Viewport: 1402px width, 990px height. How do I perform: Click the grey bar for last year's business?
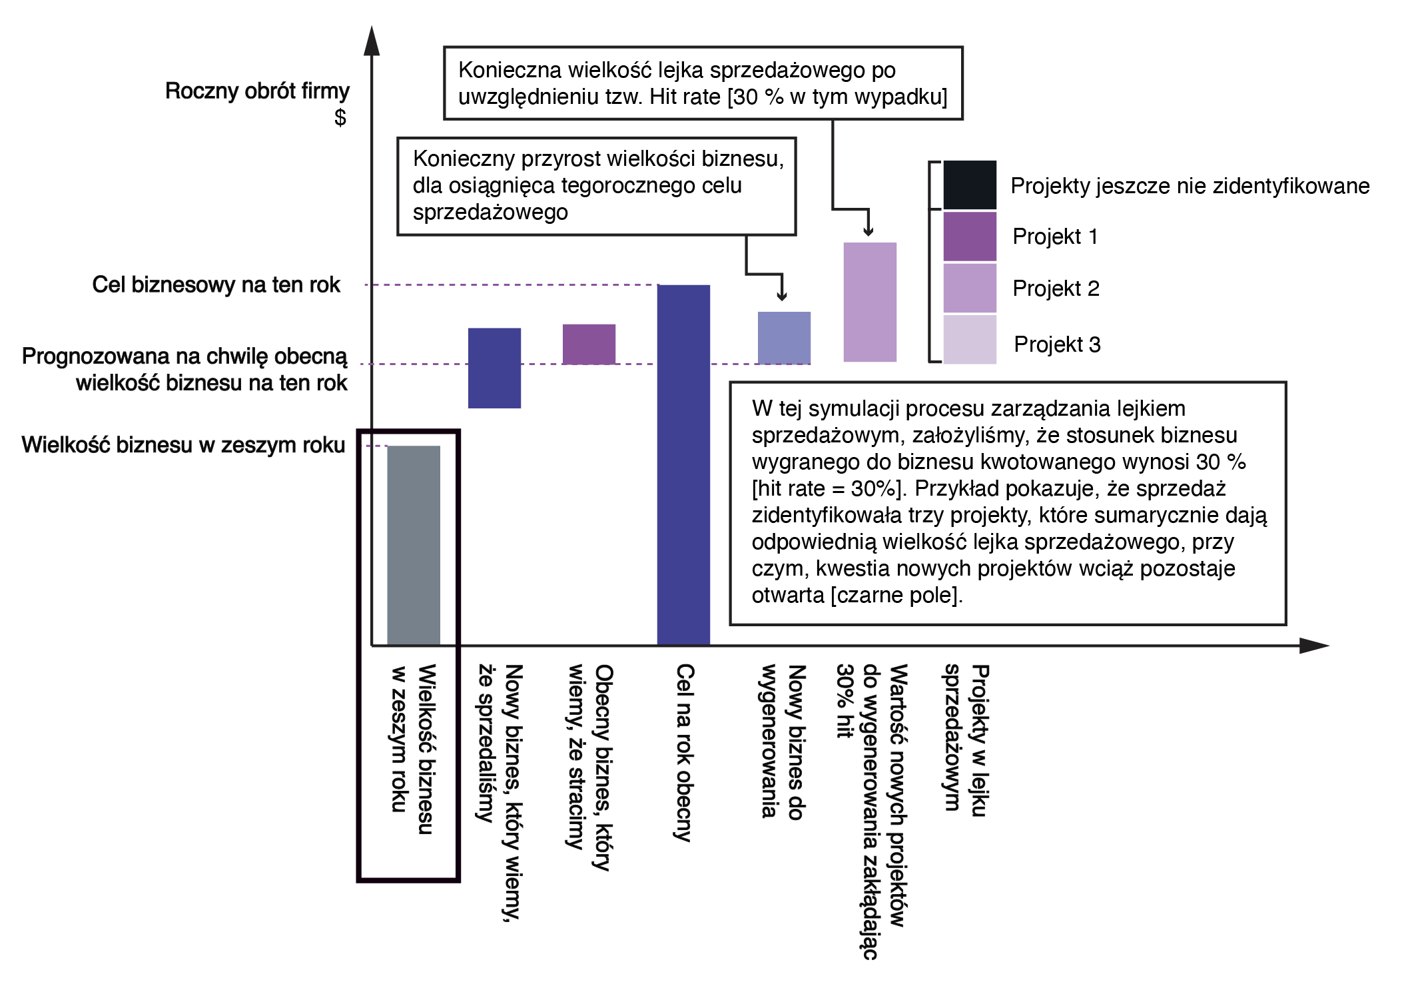[x=413, y=545]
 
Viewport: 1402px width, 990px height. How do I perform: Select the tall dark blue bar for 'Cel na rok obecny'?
[x=683, y=464]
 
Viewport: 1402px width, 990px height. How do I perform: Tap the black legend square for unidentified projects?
[x=969, y=185]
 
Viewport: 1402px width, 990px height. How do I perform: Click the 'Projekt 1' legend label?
[x=1054, y=237]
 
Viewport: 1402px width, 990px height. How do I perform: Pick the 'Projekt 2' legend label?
[x=1055, y=288]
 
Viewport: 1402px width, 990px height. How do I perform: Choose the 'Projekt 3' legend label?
[x=1056, y=344]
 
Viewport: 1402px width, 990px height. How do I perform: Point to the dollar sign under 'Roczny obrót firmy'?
[x=340, y=117]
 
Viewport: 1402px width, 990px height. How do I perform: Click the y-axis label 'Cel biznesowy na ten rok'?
[x=216, y=284]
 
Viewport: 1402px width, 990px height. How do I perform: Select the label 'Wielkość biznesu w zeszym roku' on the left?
[x=183, y=444]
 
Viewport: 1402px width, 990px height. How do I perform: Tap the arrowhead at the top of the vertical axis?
[x=372, y=40]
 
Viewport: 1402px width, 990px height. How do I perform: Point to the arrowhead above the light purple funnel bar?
[x=868, y=231]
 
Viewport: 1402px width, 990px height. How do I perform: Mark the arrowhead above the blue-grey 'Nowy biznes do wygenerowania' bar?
[x=783, y=296]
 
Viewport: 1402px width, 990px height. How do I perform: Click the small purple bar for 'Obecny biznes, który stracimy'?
[x=589, y=344]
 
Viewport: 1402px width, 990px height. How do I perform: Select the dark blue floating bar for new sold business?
[x=494, y=368]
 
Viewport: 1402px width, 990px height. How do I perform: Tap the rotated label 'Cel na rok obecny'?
[x=684, y=752]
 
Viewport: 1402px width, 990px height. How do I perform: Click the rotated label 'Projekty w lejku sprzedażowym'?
[x=965, y=740]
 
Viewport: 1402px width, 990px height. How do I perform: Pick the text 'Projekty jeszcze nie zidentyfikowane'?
[x=1190, y=186]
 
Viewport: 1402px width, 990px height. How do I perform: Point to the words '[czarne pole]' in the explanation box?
[x=896, y=595]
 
